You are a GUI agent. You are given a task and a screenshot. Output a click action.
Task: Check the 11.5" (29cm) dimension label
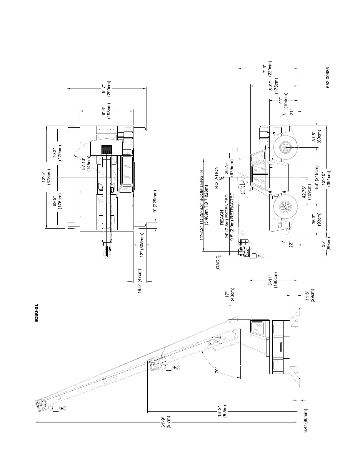point(310,299)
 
